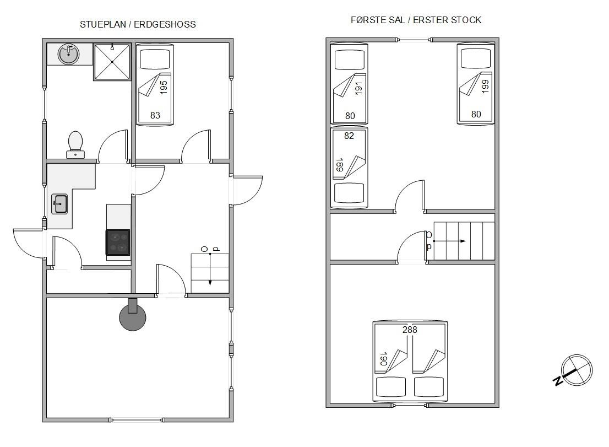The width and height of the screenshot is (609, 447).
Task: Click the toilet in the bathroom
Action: (x=75, y=144)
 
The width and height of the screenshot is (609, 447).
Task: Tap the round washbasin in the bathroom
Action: (x=69, y=54)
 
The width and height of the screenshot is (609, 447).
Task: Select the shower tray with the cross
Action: (x=112, y=62)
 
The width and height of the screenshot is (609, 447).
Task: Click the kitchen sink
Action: (x=60, y=204)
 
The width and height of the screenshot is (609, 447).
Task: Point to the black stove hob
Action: (x=118, y=242)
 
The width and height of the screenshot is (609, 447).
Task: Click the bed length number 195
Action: (x=164, y=87)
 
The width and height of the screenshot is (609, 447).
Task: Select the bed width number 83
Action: (x=155, y=115)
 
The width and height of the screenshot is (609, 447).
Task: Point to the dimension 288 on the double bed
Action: (x=410, y=330)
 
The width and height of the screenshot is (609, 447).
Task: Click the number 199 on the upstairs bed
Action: (x=485, y=86)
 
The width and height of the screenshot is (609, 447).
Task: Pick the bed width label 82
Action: (x=349, y=136)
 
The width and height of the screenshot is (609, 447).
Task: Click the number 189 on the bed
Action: (x=339, y=165)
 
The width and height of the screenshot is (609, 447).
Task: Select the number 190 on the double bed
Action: (x=383, y=359)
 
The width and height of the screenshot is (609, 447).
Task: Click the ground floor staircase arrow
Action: (x=210, y=270)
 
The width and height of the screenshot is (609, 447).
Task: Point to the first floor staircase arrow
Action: (x=449, y=241)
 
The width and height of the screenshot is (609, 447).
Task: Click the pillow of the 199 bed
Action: (x=476, y=59)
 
